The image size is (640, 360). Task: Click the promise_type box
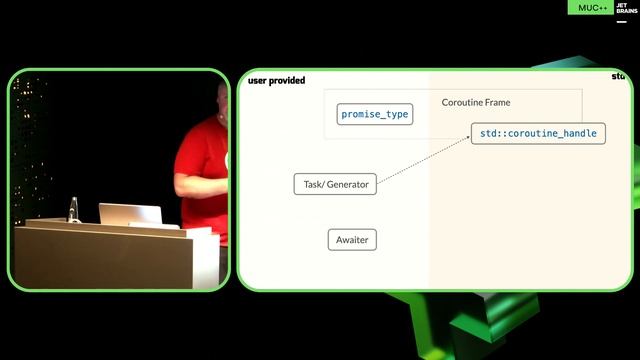(375, 114)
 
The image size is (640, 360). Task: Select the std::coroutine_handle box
(538, 133)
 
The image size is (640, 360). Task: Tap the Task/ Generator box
(335, 184)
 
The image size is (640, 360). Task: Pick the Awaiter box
(352, 240)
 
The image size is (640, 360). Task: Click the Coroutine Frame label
(476, 102)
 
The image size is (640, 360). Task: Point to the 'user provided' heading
(276, 80)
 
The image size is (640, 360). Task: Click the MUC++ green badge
(588, 7)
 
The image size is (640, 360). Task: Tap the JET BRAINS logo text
(621, 7)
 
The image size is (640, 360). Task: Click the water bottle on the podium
(72, 209)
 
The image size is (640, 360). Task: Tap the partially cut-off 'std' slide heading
(618, 76)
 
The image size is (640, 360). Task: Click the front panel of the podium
(100, 258)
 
